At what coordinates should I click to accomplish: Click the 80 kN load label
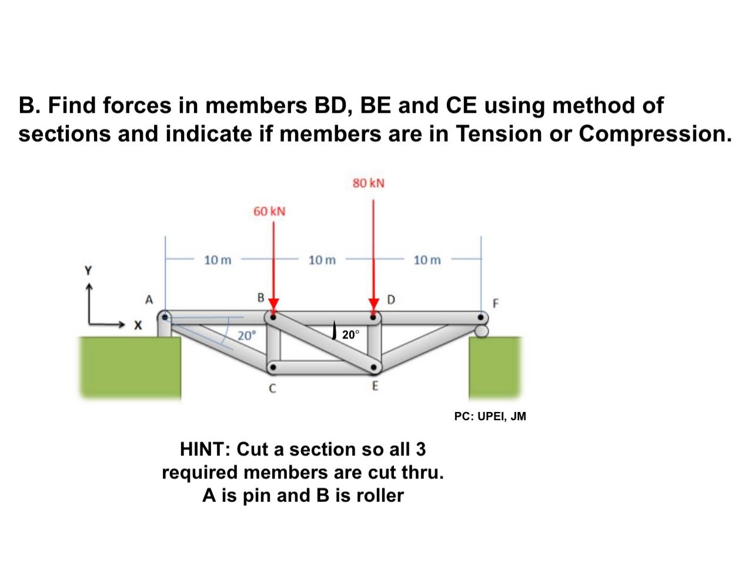(369, 183)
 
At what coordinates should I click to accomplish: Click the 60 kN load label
(269, 211)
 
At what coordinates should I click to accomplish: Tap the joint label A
(149, 300)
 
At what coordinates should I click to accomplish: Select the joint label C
(272, 388)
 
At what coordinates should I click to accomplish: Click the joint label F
(495, 304)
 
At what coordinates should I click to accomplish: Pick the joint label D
(392, 300)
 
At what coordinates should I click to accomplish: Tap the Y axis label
(89, 271)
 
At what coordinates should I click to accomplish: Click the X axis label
(138, 324)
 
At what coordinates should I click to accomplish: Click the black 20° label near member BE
(350, 335)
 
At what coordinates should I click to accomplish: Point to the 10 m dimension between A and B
(218, 260)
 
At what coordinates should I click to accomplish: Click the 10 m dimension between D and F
(427, 260)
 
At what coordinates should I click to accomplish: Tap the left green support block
(131, 367)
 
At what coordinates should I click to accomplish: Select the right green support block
(495, 367)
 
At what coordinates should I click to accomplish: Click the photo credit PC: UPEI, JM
(490, 417)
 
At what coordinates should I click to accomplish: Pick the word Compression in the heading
(655, 133)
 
